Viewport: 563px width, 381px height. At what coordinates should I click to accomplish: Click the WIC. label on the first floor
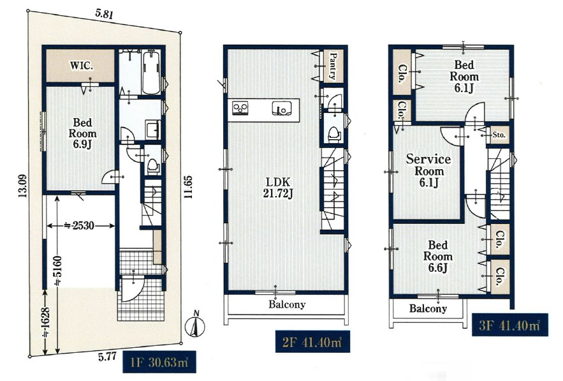click(82, 66)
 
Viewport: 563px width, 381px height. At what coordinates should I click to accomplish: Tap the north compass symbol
click(195, 326)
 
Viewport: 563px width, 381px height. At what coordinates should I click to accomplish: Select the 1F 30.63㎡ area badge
click(159, 362)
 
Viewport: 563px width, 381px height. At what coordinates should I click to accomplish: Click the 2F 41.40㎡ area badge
click(312, 341)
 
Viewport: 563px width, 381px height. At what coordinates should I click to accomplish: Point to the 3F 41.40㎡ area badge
click(510, 325)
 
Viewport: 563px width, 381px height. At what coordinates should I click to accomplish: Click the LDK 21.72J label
click(278, 188)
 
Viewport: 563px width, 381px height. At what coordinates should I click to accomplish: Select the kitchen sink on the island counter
click(283, 108)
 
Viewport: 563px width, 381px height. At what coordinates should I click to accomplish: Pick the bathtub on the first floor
click(151, 72)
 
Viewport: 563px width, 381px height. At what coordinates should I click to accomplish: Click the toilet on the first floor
click(154, 166)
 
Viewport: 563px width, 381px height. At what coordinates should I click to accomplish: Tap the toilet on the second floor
click(334, 134)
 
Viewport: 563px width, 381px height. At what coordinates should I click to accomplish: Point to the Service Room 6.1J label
click(428, 171)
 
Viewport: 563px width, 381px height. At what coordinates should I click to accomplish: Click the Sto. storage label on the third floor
click(499, 135)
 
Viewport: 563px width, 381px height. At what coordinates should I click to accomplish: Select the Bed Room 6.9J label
click(83, 133)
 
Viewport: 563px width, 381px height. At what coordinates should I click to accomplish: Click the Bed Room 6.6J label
click(437, 257)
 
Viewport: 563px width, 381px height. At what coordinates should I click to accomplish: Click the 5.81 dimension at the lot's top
click(105, 15)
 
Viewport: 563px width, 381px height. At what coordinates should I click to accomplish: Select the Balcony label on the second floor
click(287, 305)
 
